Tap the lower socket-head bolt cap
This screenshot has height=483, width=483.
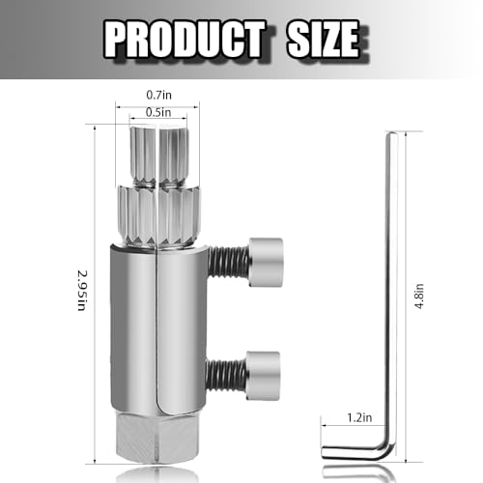262,368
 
